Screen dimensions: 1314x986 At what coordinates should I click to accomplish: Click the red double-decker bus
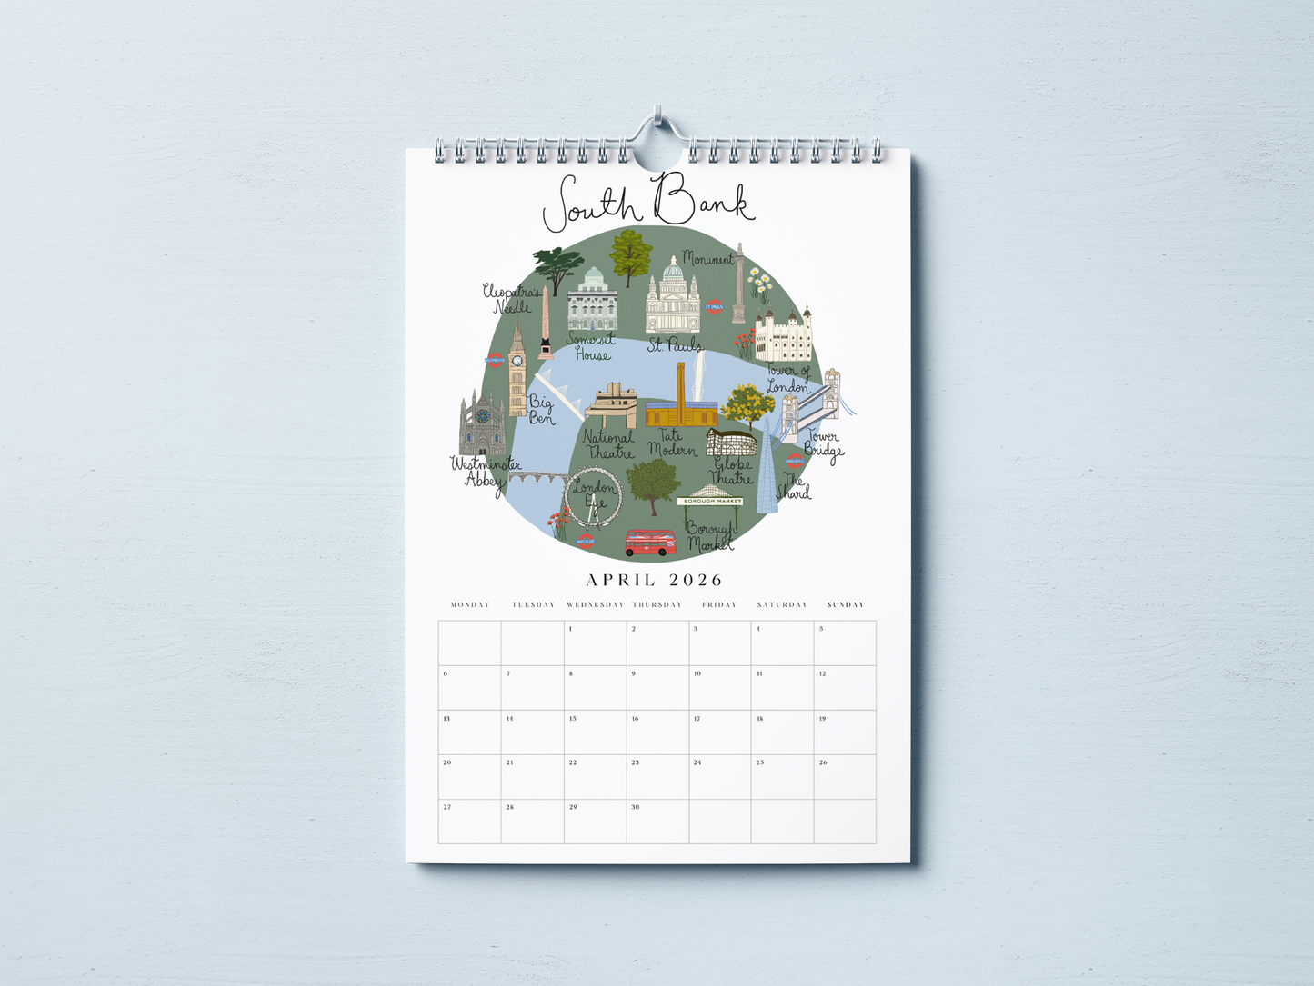click(651, 543)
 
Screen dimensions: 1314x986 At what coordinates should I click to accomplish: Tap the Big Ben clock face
click(517, 361)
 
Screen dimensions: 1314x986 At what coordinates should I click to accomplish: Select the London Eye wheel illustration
click(592, 497)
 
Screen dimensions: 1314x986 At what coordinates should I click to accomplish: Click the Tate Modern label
click(672, 443)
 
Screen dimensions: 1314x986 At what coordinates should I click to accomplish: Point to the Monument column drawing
click(739, 283)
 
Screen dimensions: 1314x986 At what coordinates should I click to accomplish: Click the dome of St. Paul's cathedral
click(673, 269)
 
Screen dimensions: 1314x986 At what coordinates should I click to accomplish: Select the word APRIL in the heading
click(620, 580)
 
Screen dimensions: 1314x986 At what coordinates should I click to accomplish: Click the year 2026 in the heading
click(696, 580)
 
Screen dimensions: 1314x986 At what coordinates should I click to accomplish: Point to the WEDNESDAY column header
click(595, 604)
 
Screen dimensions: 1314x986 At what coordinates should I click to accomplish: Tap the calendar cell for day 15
click(595, 732)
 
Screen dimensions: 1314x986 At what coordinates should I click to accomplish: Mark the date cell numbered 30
click(657, 822)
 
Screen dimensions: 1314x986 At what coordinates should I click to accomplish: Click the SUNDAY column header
click(845, 604)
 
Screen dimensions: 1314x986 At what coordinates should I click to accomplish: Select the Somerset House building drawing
click(593, 301)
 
